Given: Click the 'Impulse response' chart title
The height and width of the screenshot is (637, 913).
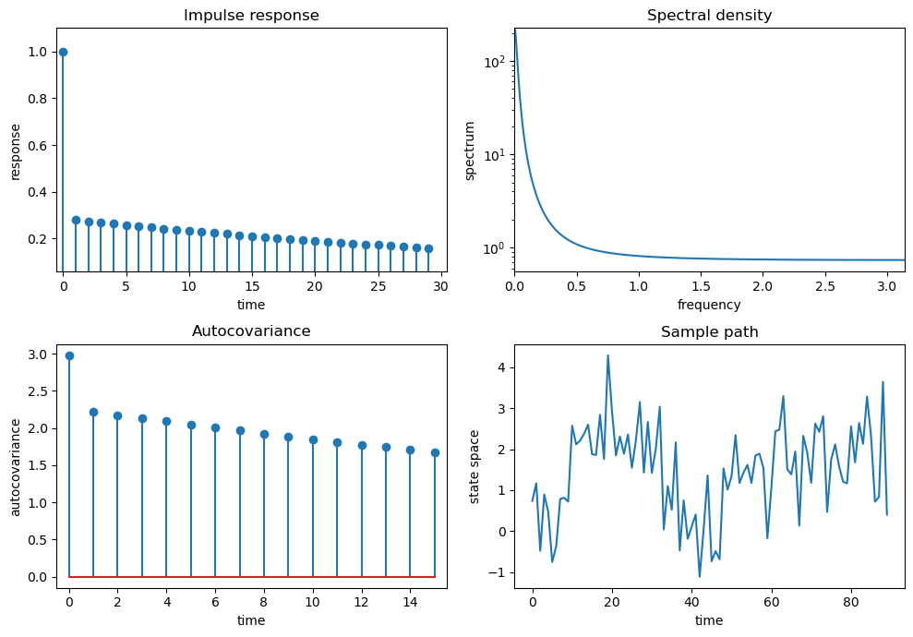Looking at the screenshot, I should click(x=251, y=16).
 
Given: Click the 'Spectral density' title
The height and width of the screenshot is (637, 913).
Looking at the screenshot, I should click(x=709, y=16).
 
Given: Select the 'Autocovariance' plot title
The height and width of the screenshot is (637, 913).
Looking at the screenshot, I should click(x=251, y=331).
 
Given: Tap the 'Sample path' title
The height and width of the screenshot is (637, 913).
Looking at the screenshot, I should click(x=709, y=332).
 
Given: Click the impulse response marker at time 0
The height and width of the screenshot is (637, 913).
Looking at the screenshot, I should click(x=63, y=52).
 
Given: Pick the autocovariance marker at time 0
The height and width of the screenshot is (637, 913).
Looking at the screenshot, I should click(x=69, y=355).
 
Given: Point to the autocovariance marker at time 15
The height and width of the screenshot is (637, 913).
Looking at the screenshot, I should click(x=435, y=452).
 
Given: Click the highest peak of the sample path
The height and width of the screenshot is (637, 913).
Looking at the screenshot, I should click(x=607, y=355).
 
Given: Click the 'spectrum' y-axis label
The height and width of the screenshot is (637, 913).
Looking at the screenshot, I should click(x=470, y=150).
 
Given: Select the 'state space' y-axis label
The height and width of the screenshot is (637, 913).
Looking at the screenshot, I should click(x=475, y=466).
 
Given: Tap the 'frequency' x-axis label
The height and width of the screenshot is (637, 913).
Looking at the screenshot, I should click(x=709, y=305).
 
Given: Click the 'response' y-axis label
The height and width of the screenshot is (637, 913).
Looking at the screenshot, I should click(x=15, y=150).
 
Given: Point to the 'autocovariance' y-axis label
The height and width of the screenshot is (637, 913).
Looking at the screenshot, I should click(x=15, y=466).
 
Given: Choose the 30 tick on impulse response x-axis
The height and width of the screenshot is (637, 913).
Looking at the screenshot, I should click(x=441, y=288).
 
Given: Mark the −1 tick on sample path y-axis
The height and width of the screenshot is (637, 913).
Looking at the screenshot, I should click(x=499, y=572).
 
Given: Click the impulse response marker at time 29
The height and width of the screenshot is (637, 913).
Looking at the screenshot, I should click(x=428, y=248).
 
